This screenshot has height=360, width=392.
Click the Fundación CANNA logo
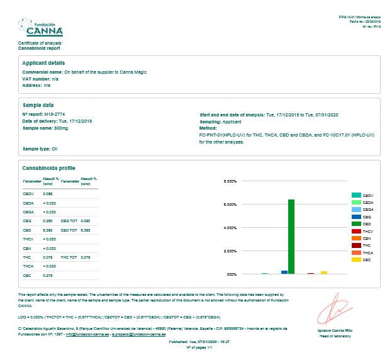coord(40,28)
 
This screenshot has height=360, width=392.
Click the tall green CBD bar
coord(291,236)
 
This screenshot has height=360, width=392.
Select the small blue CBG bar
coord(284,272)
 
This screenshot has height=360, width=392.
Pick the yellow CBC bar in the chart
coord(324,272)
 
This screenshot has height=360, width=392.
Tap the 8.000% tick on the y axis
coord(230,181)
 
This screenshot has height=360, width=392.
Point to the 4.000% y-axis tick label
coord(230,228)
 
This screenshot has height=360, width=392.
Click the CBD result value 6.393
coord(47,230)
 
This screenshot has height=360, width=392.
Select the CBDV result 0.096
coord(47,194)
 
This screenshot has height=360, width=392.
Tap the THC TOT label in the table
coord(69,257)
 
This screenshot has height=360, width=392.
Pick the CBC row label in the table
coord(27,275)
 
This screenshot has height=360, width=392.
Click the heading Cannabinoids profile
coord(48,168)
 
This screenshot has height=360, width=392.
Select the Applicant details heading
coord(43,63)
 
